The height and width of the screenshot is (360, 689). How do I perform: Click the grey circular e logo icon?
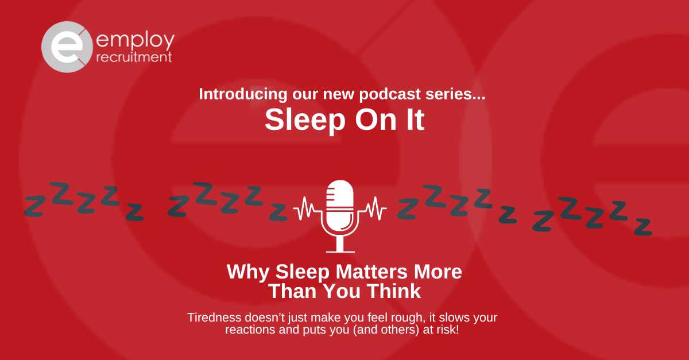pyautogui.click(x=64, y=47)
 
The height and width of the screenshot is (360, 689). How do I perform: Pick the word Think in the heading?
pyautogui.click(x=395, y=291)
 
